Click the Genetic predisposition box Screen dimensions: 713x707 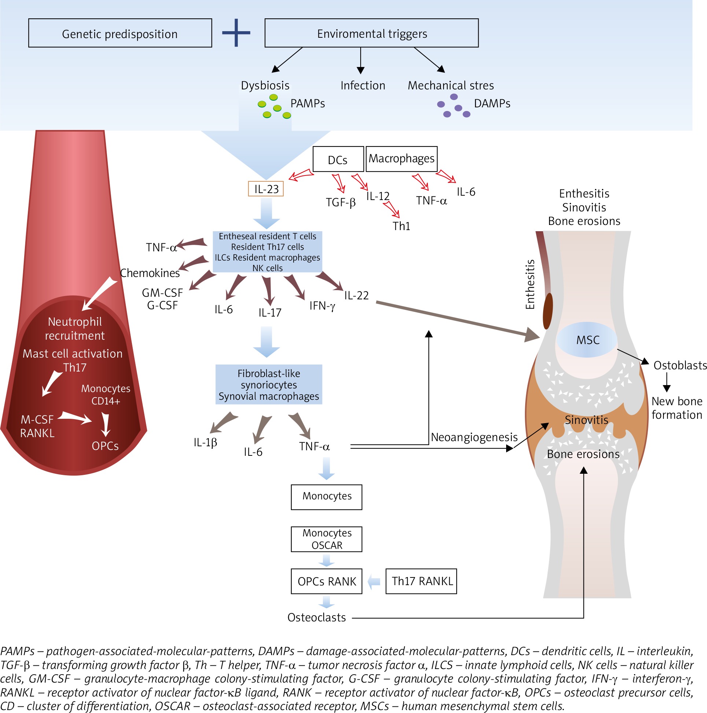coord(120,33)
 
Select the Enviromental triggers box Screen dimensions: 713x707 coord(371,33)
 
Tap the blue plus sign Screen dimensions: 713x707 coord(236,33)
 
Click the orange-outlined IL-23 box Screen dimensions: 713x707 coord(266,189)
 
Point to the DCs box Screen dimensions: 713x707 coord(338,159)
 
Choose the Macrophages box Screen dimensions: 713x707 coord(401,159)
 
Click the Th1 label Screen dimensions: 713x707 coord(401,226)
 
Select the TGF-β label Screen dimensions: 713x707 coord(340,202)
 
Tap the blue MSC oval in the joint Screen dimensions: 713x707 coord(588,340)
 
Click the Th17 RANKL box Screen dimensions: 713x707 coord(421,581)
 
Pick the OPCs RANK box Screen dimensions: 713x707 coord(326,581)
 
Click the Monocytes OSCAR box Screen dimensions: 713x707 coord(326,539)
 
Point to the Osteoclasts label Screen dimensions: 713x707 coord(316,617)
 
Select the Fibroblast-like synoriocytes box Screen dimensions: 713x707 coord(268,385)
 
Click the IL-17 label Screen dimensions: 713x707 coord(269,313)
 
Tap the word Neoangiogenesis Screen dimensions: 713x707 coord(474,437)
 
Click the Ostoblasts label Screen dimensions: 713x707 coord(680,365)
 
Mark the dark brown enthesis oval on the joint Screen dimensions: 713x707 coord(548,311)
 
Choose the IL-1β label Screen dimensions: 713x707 coord(205,442)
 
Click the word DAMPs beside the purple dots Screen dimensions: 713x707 coord(492,104)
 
